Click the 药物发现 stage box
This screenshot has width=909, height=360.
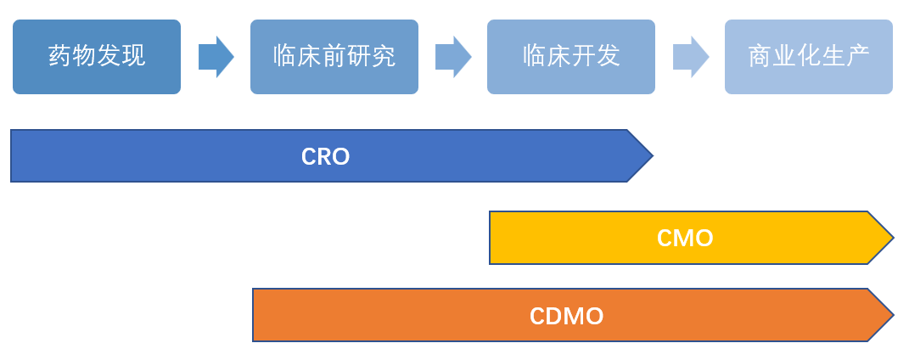(x=97, y=57)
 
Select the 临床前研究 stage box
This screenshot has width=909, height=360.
(x=334, y=57)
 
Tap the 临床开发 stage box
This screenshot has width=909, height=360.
(x=570, y=57)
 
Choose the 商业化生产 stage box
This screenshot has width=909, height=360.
(x=808, y=57)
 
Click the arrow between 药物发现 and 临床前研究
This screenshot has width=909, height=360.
(x=216, y=57)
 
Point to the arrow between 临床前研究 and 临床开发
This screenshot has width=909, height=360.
(x=452, y=57)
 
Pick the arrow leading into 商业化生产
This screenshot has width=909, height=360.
(x=690, y=57)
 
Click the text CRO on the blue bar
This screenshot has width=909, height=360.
(x=325, y=156)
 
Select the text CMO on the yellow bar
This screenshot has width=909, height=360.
(x=685, y=238)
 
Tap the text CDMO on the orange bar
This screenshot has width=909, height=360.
(x=566, y=316)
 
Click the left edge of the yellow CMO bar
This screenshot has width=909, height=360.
(x=491, y=238)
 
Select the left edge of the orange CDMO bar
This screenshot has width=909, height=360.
(x=255, y=315)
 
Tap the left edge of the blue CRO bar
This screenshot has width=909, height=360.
(x=13, y=156)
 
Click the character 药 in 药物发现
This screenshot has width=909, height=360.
(x=60, y=57)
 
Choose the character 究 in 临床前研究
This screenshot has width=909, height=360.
(x=384, y=57)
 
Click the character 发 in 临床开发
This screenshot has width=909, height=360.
(x=608, y=57)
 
